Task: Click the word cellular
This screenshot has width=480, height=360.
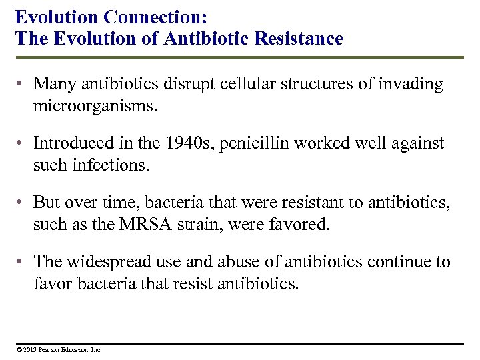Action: (x=233, y=84)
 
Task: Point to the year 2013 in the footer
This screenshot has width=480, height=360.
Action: (x=29, y=349)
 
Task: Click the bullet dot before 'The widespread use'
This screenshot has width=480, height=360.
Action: (x=22, y=263)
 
